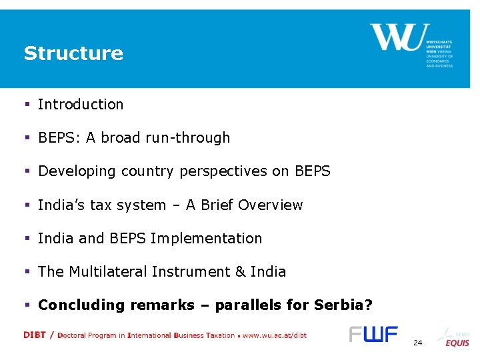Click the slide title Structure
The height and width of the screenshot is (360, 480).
coord(73,53)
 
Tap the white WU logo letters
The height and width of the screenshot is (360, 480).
coord(396,37)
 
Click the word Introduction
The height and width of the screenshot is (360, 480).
coord(81,105)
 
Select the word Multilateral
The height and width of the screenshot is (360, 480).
coord(108,272)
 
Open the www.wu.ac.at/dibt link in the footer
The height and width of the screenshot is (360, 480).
coord(274,335)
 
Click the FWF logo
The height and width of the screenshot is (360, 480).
coord(373,334)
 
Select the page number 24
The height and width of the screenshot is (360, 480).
coord(417,343)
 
